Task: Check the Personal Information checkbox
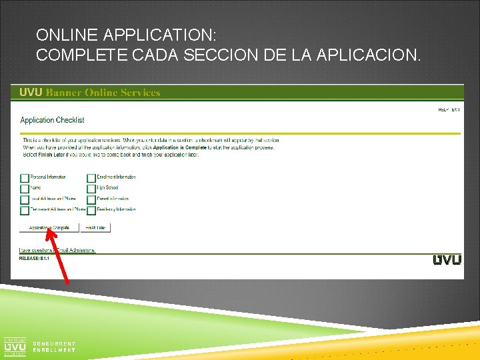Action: click(x=25, y=178)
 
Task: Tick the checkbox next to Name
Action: click(x=25, y=189)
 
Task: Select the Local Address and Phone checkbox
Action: click(x=25, y=199)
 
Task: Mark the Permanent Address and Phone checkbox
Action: click(x=25, y=210)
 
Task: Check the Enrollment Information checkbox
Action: click(x=91, y=178)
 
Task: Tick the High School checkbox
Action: click(x=91, y=189)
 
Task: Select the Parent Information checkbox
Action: click(x=91, y=199)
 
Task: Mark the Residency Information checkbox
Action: click(x=91, y=210)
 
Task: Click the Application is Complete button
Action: click(x=49, y=228)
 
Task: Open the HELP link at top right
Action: click(x=443, y=110)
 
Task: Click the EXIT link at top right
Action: click(x=455, y=110)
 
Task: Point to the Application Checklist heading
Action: click(x=52, y=120)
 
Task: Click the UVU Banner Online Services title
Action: click(x=90, y=93)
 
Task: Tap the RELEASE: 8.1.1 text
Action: click(x=34, y=257)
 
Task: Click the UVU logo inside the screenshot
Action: click(x=447, y=259)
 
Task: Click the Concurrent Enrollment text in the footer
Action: click(x=54, y=347)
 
